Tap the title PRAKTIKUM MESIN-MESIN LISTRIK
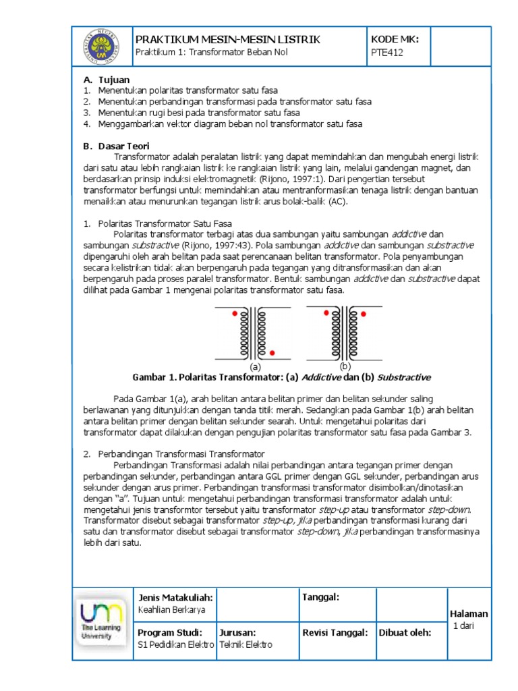click(228, 40)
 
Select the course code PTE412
click(386, 53)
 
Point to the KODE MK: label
click(395, 40)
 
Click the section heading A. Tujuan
click(107, 80)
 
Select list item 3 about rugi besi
click(198, 113)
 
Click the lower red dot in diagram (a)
click(272, 352)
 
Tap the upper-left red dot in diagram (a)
click(235, 314)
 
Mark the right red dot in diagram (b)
click(364, 314)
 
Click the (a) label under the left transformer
click(255, 366)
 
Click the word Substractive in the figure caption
click(403, 377)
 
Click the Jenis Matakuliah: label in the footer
click(175, 597)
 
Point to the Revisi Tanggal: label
click(335, 632)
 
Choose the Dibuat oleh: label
click(404, 632)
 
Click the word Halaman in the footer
click(468, 613)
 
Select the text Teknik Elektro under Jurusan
click(246, 644)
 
